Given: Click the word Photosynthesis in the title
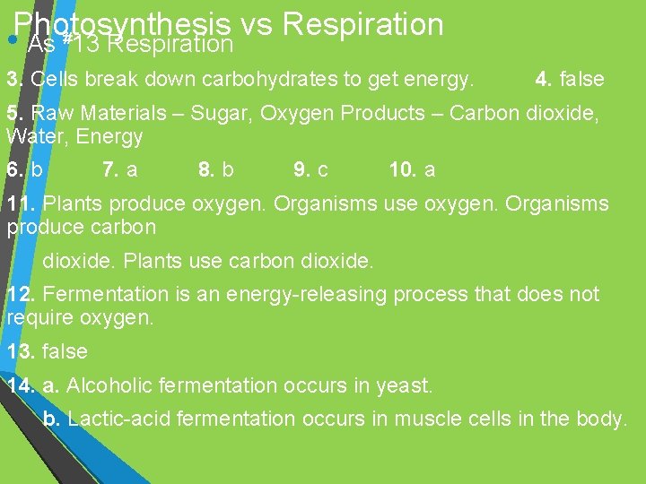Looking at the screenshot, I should [121, 24].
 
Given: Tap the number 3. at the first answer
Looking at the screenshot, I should [14, 79].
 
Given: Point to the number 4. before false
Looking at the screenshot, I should [544, 79].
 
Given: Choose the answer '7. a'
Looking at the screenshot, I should [120, 169].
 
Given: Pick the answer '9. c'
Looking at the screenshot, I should [310, 169].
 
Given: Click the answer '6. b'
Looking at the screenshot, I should [24, 169].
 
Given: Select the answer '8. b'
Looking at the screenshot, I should [215, 169].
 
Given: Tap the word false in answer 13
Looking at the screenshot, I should [65, 351].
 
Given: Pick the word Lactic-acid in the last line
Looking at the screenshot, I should [119, 419].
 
